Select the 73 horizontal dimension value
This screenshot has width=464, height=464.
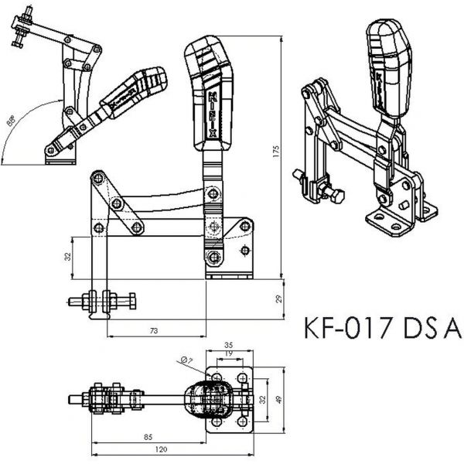153,331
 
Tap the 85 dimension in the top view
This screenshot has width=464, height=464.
147,436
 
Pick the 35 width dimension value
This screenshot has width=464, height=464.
228,344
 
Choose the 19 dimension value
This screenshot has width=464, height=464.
228,353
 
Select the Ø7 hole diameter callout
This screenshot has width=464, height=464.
186,360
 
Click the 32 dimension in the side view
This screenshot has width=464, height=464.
67,256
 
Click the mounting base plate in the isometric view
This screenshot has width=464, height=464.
395,223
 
